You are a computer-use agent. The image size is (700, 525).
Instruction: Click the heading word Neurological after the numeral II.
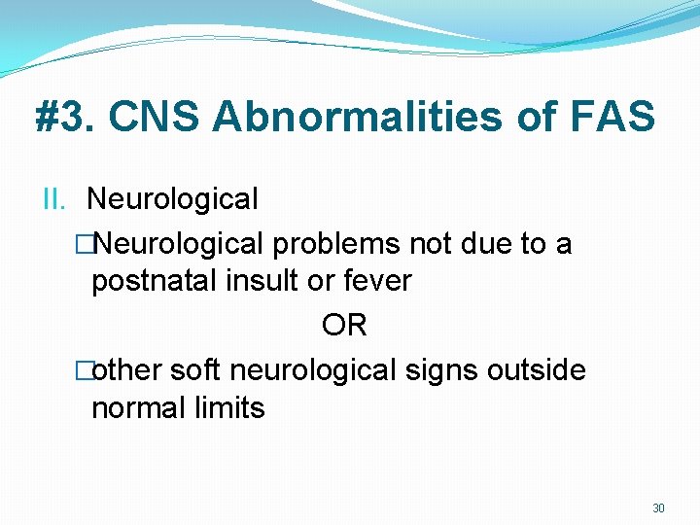click(x=172, y=199)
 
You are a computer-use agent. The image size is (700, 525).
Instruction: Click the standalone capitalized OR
click(x=344, y=326)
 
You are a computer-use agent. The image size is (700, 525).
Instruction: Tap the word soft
click(x=196, y=370)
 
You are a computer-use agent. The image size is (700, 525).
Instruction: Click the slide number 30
click(x=658, y=508)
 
